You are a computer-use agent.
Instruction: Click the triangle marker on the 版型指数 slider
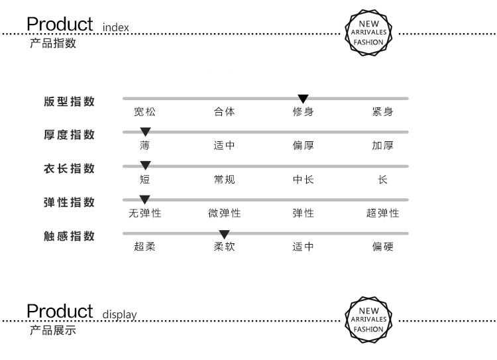(x=303, y=99)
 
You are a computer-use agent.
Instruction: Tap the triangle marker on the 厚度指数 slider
(x=145, y=132)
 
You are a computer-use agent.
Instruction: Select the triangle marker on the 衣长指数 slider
(x=145, y=165)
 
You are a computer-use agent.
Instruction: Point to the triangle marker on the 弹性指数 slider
(x=144, y=200)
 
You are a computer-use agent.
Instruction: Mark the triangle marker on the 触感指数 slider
(x=224, y=235)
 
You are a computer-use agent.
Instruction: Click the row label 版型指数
(x=69, y=101)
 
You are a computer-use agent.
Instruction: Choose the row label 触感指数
(x=69, y=236)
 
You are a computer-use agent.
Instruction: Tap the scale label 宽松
(x=145, y=111)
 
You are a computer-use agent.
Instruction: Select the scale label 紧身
(x=382, y=111)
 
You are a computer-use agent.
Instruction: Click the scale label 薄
(x=145, y=145)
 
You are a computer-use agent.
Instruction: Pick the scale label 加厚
(x=382, y=145)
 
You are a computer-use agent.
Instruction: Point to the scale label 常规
(x=224, y=179)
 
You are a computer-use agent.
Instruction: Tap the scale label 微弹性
(x=224, y=213)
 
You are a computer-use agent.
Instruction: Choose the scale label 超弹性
(x=382, y=213)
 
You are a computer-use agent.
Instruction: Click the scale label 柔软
(x=224, y=247)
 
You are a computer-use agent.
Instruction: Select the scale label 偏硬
(x=382, y=247)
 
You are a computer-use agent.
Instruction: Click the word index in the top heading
(x=116, y=27)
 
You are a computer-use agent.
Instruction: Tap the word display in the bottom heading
(x=119, y=315)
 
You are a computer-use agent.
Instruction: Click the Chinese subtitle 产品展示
(x=53, y=330)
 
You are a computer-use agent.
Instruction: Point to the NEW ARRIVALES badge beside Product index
(x=368, y=32)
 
